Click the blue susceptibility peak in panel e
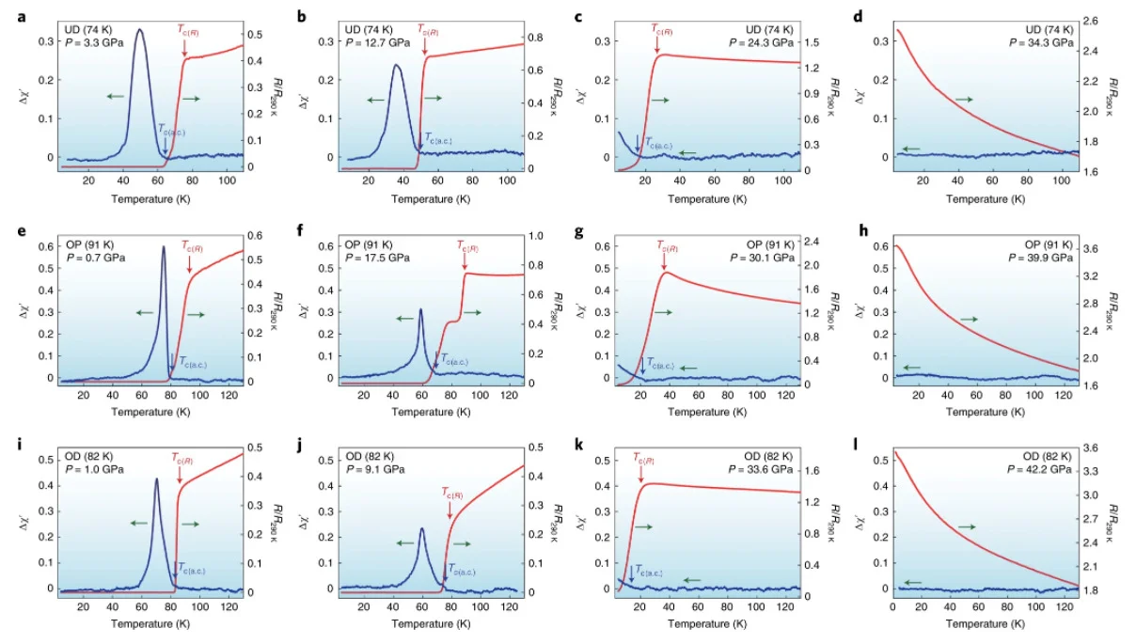164,247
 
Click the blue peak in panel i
156,479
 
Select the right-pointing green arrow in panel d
965,99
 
